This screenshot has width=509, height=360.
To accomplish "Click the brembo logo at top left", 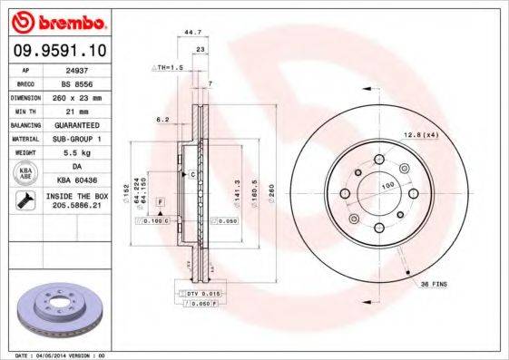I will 57,20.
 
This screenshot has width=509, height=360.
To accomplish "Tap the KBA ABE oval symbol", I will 26,172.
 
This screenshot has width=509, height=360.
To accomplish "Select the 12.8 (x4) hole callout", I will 421,135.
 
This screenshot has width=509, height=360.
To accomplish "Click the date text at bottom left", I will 67,355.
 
